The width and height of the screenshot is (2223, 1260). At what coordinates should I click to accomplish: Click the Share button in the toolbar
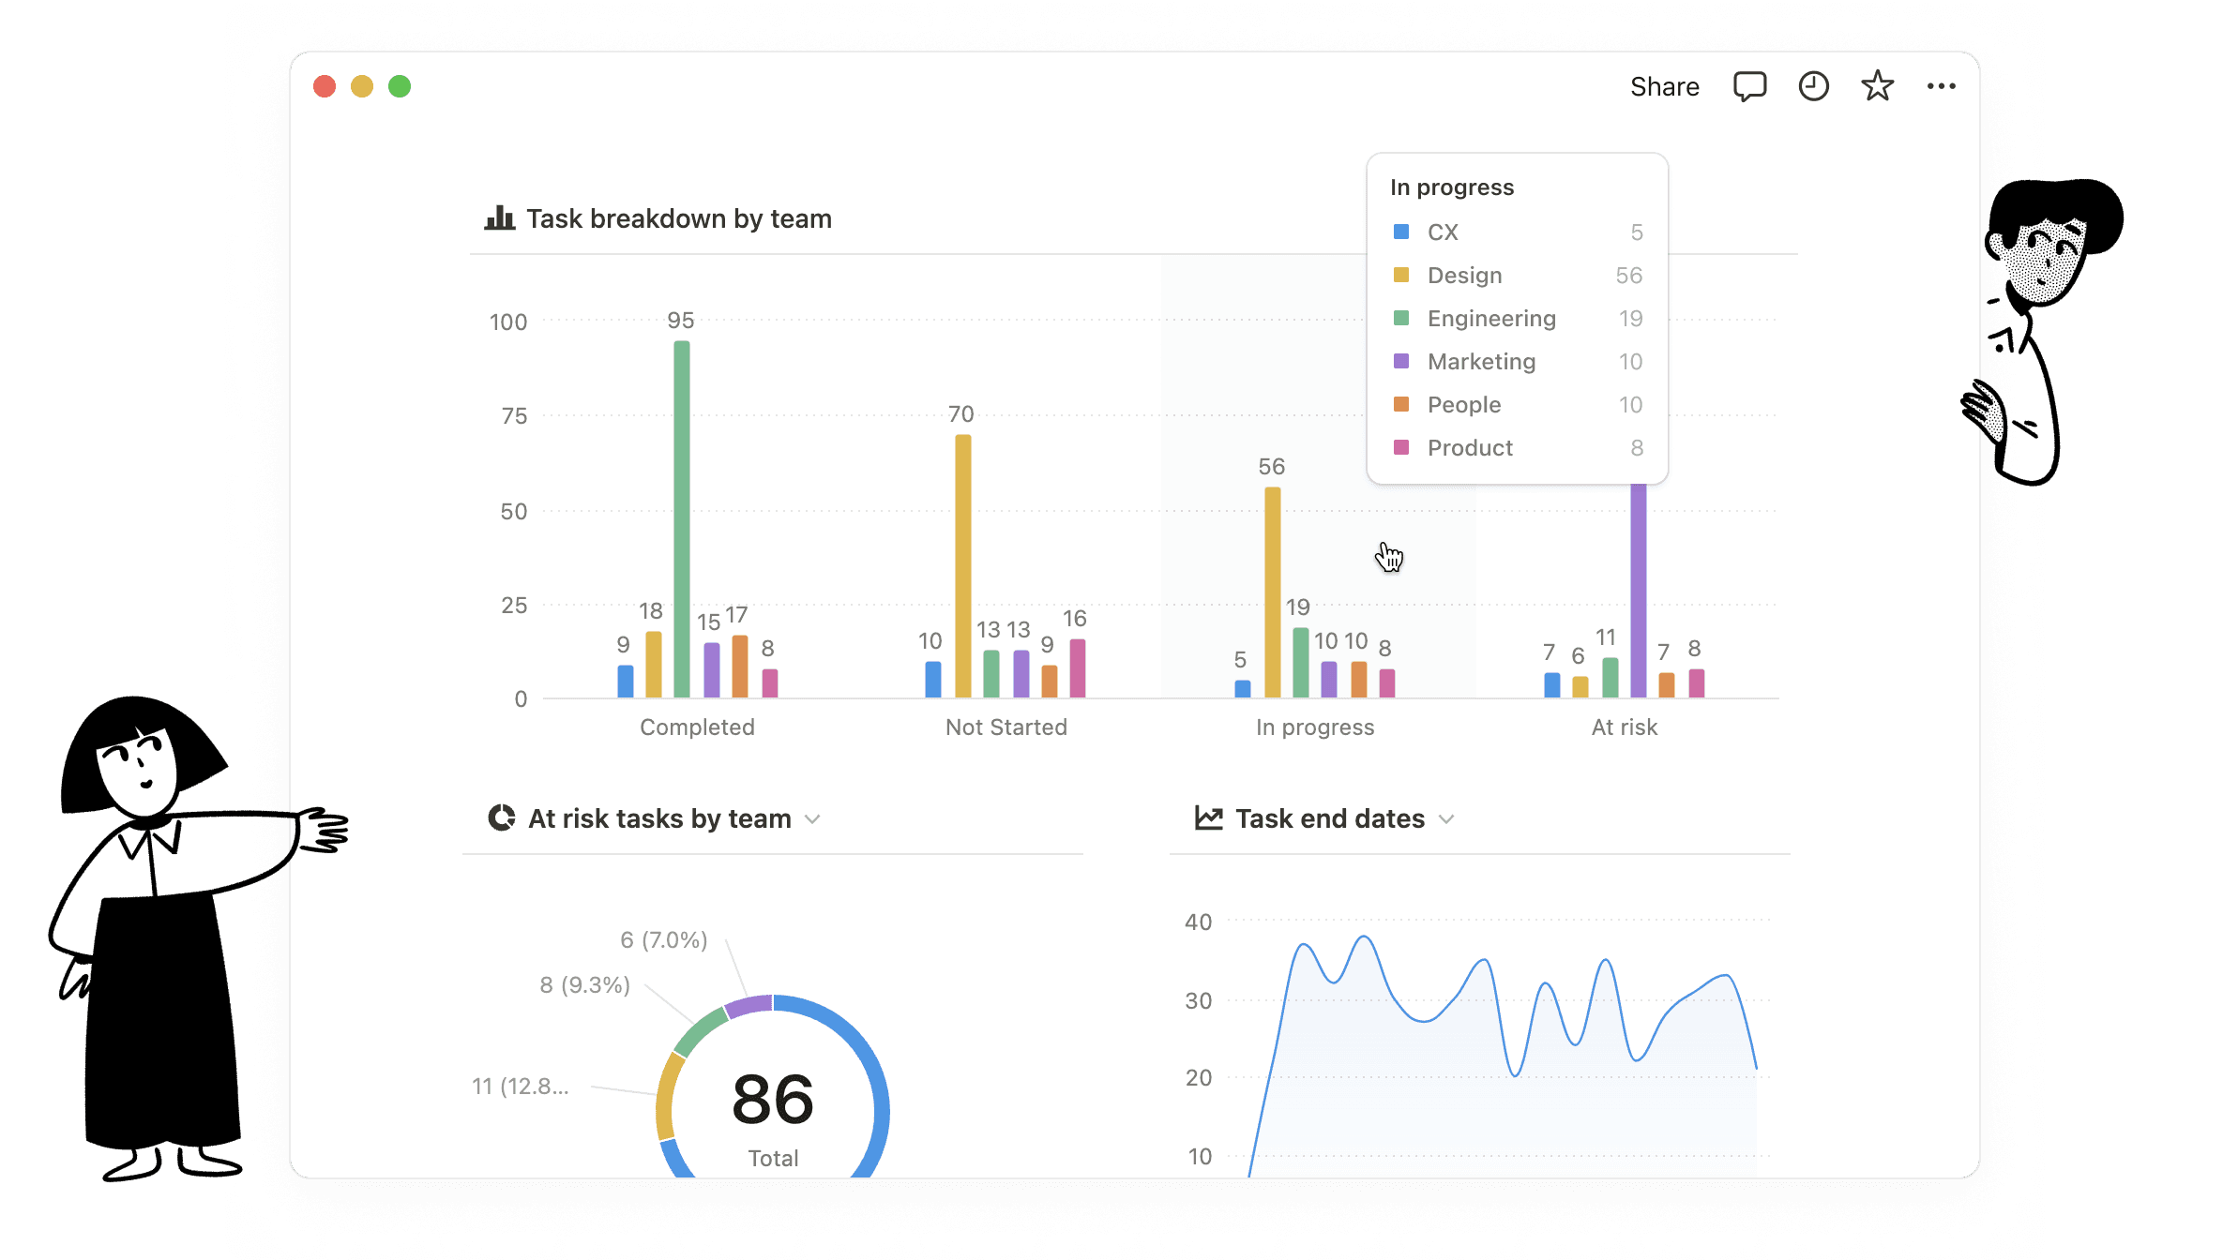coord(1664,87)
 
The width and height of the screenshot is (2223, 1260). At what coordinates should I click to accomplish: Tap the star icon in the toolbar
coord(1877,86)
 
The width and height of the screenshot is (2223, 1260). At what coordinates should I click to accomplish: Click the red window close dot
coord(325,86)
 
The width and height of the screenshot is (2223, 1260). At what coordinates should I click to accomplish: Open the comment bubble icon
coord(1749,86)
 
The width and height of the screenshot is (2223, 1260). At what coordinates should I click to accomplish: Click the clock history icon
coord(1813,86)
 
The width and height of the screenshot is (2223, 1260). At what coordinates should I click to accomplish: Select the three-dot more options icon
coord(1941,86)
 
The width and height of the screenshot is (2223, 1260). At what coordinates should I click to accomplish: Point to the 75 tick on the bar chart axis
coord(514,416)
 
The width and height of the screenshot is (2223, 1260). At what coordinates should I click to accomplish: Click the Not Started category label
coord(1006,727)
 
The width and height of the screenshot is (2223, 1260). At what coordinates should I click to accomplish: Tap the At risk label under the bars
coord(1624,727)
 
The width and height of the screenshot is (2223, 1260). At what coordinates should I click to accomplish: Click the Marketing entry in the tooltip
coord(1481,362)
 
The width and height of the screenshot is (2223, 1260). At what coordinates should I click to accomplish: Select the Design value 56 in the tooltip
coord(1628,276)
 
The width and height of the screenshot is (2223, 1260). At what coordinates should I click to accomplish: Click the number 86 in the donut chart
coord(773,1100)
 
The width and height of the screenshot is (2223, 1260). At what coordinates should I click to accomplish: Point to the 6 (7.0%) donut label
coord(663,940)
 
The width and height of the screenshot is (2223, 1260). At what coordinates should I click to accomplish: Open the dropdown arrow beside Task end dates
coord(1446,819)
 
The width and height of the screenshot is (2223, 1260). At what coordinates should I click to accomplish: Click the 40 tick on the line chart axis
coord(1198,922)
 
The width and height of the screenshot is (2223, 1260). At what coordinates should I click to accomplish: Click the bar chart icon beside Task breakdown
coord(500,218)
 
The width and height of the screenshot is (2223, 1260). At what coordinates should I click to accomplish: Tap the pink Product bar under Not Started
coord(1078,668)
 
